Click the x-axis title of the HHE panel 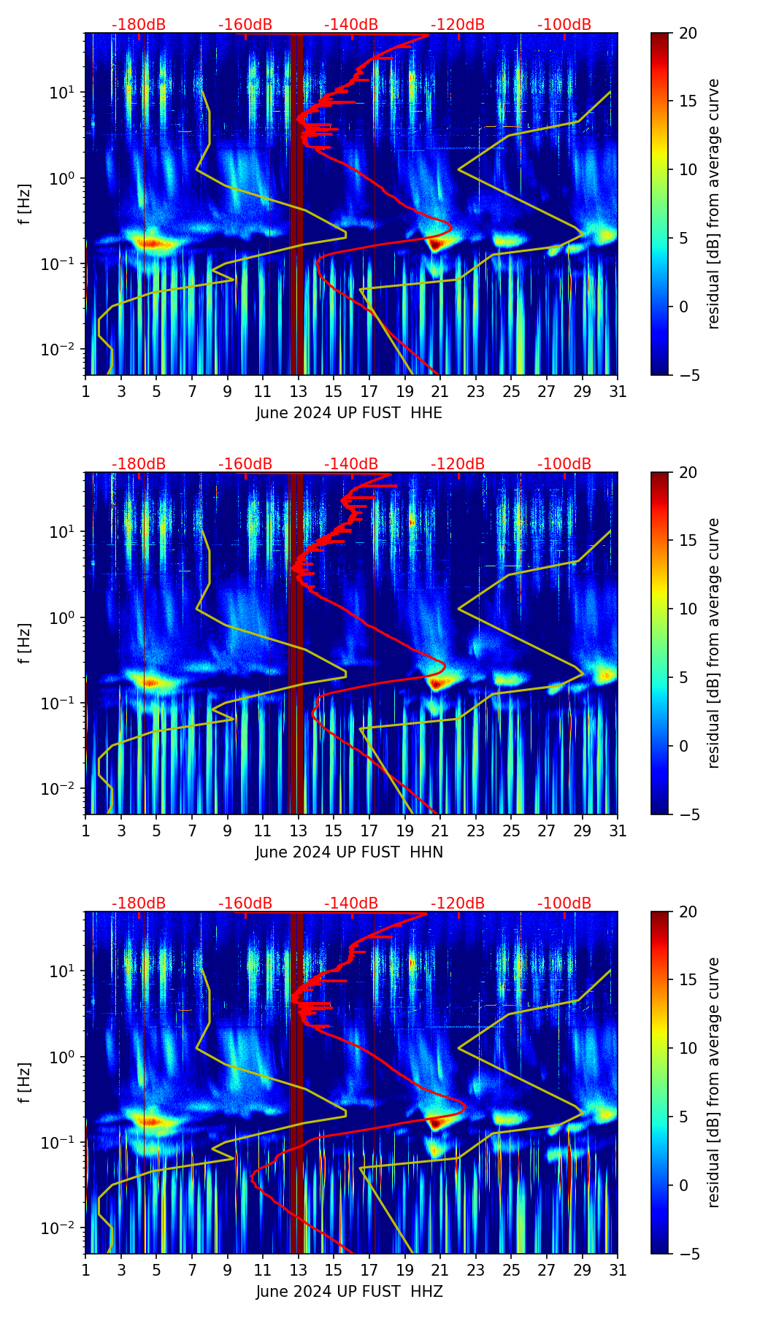349,413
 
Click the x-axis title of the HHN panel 349,852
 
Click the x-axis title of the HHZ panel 349,1292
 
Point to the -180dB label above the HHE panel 139,25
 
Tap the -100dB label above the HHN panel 564,464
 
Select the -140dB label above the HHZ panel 351,903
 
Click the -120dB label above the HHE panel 458,25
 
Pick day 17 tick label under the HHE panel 369,391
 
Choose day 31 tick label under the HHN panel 618,831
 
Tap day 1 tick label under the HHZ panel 85,1270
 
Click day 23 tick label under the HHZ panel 476,1270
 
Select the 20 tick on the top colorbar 688,33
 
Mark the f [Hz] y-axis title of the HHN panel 25,643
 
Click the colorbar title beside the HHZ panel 713,1082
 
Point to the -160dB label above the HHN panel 245,464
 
